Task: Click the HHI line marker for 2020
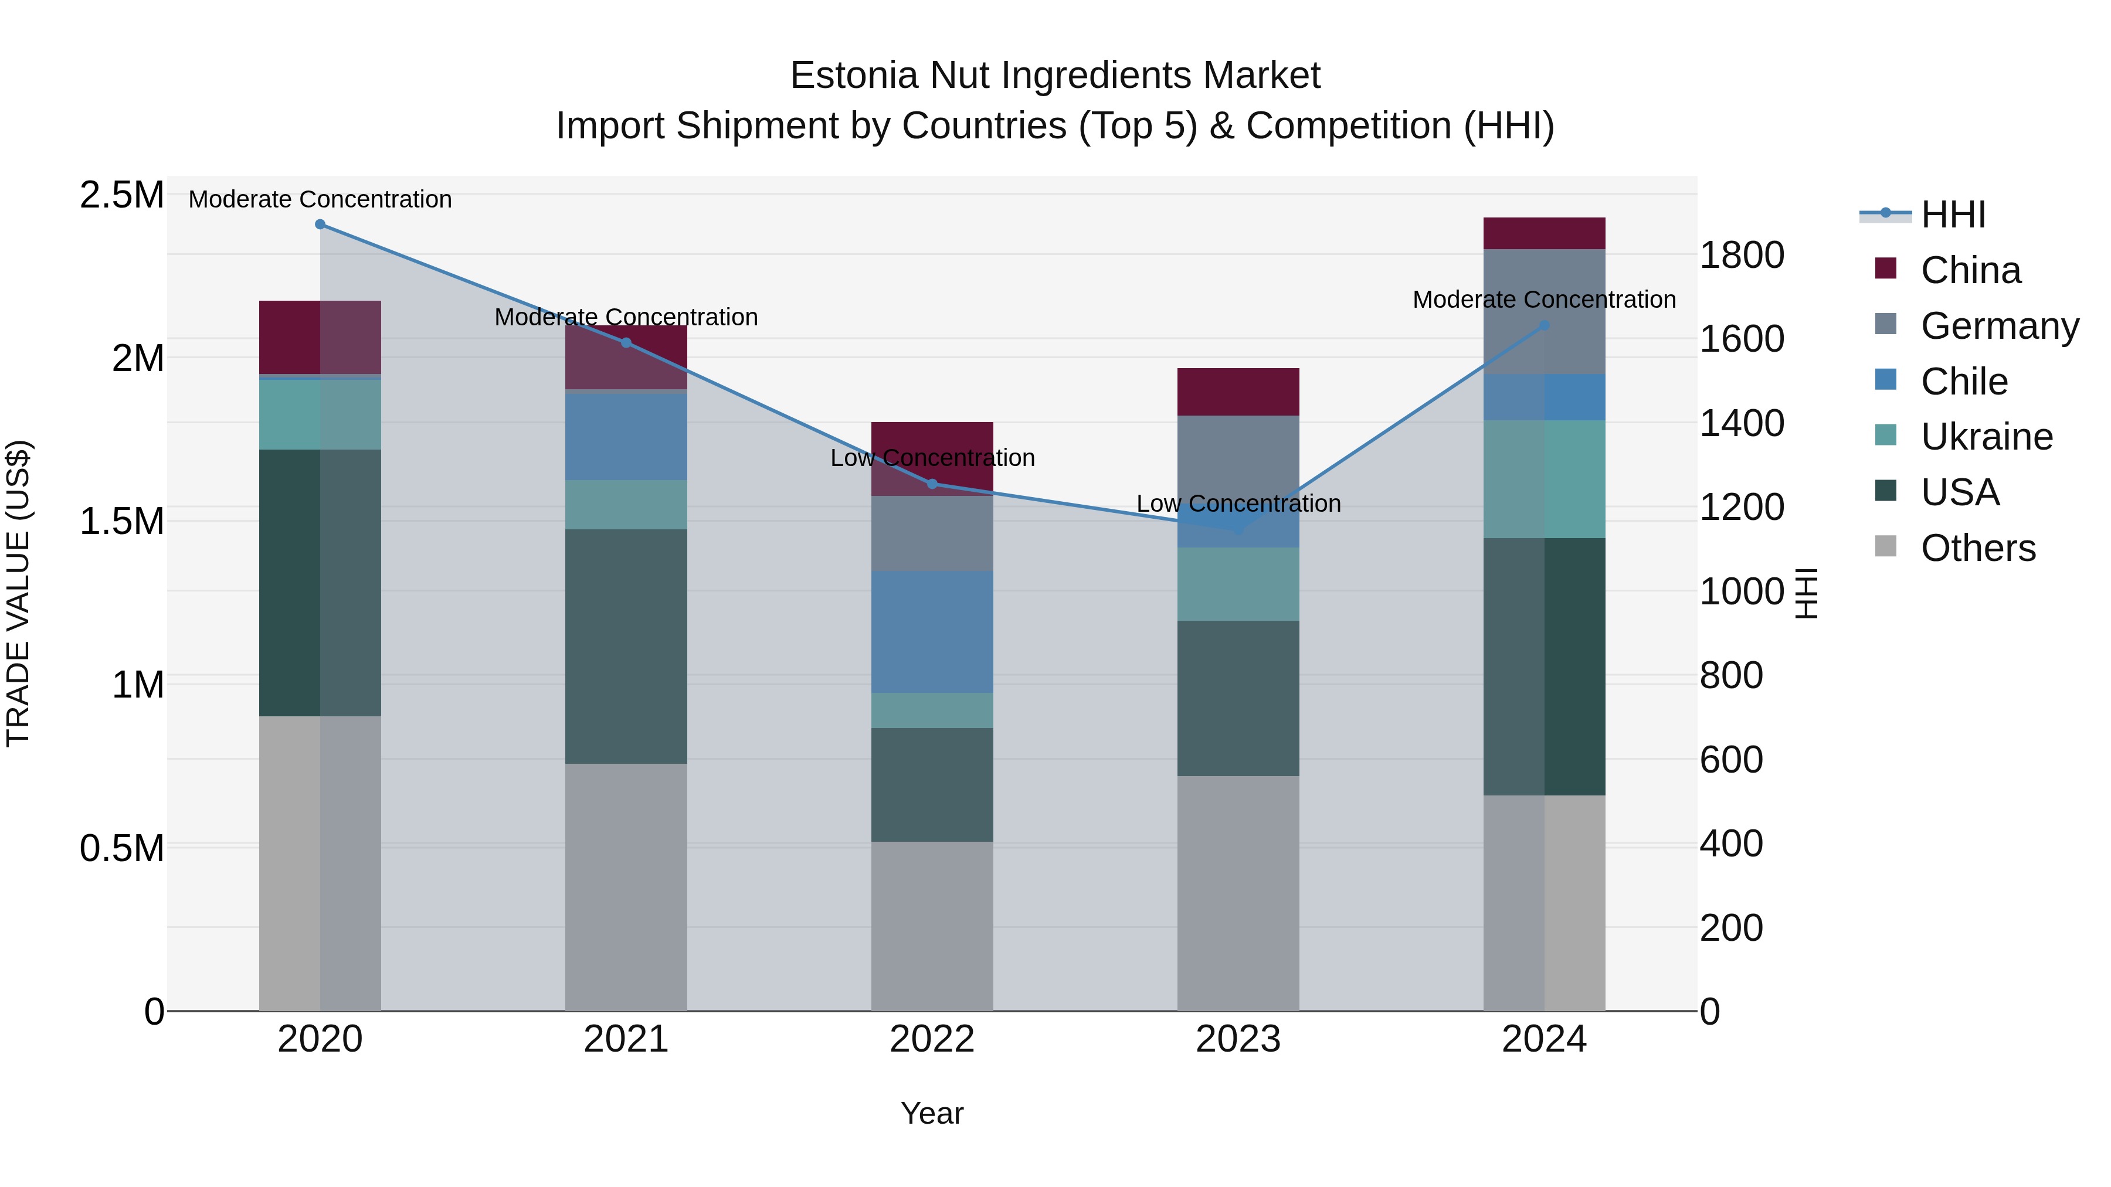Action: coord(320,225)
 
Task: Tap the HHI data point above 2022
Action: coord(932,484)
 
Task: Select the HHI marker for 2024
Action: coord(1544,325)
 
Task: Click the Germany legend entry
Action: coord(2000,326)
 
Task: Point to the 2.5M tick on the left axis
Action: coord(121,195)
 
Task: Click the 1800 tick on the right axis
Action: coord(1742,255)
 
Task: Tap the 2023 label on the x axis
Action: coord(1237,1039)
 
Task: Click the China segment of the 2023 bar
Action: coord(1237,392)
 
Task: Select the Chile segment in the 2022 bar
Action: coord(932,631)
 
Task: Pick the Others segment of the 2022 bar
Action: coord(932,926)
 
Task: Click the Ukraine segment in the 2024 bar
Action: coord(1544,479)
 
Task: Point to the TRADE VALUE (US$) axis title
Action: coord(18,594)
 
